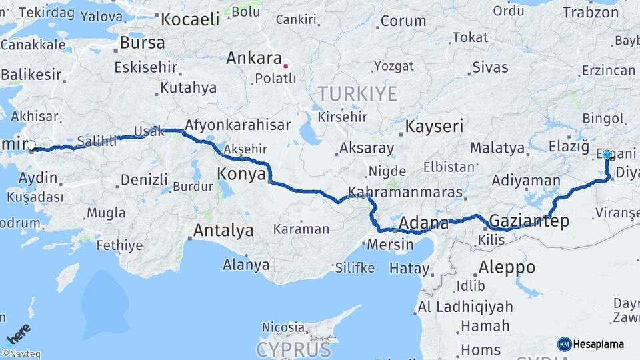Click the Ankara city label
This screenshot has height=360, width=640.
pyautogui.click(x=254, y=59)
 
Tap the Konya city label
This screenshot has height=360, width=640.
pyautogui.click(x=241, y=175)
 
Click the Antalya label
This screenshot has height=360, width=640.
pyautogui.click(x=223, y=231)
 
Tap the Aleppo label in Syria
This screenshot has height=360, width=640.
pyautogui.click(x=506, y=267)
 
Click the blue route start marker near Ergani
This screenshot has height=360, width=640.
pyautogui.click(x=607, y=155)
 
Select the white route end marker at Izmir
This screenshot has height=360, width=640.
pyautogui.click(x=31, y=145)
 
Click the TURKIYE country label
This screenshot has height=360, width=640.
pyautogui.click(x=357, y=93)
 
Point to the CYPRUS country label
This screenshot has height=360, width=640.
pyautogui.click(x=293, y=349)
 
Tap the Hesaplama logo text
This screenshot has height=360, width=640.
pyautogui.click(x=599, y=344)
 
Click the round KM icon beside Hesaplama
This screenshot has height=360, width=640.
pyautogui.click(x=564, y=344)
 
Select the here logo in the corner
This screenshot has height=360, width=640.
pyautogui.click(x=19, y=333)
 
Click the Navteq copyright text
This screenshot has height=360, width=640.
pyautogui.click(x=21, y=354)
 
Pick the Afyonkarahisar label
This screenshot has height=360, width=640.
pyautogui.click(x=237, y=125)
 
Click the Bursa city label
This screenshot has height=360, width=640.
pyautogui.click(x=142, y=43)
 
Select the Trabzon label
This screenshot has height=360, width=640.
pyautogui.click(x=591, y=12)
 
